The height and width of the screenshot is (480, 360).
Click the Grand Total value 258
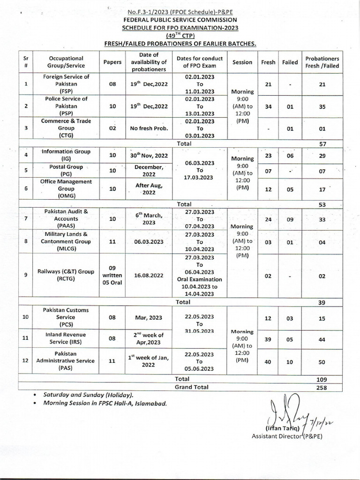pos(322,388)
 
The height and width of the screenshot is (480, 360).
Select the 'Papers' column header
pos(112,62)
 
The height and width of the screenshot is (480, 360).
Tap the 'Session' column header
pos(242,62)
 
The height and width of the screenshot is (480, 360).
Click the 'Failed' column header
pos(290,62)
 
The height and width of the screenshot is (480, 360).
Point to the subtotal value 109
pos(322,380)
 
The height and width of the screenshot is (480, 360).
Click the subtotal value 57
pos(322,143)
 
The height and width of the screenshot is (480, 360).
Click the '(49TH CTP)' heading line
pos(180,36)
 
